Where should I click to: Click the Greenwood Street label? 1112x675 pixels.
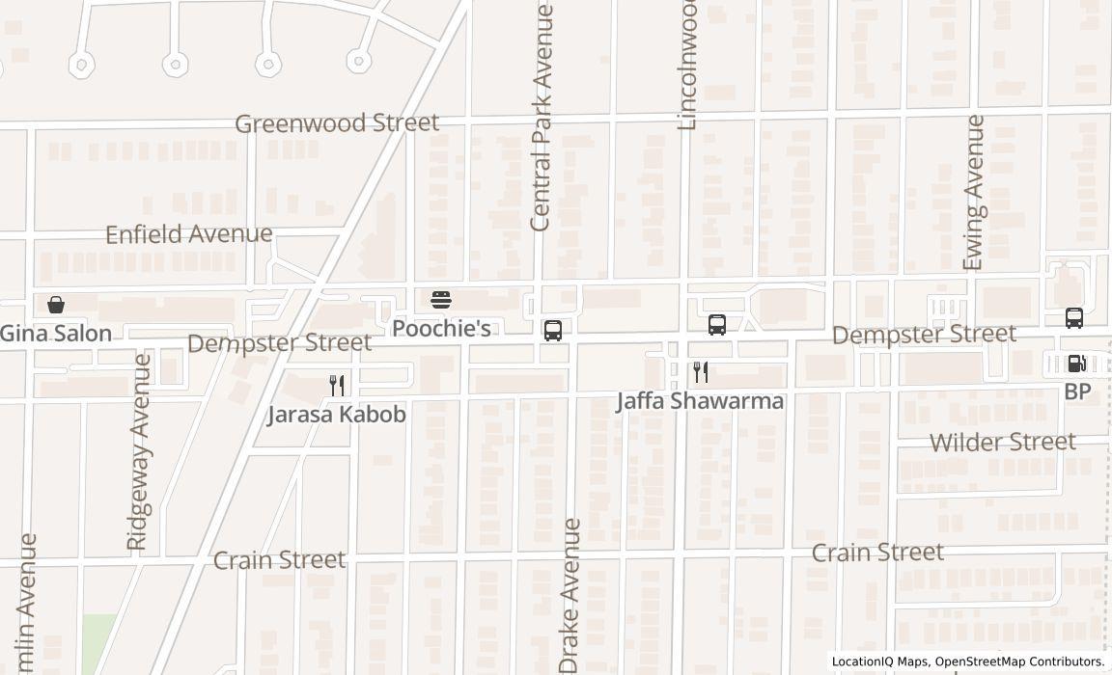337,123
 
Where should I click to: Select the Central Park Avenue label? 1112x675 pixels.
542,118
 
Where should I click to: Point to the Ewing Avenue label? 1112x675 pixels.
974,193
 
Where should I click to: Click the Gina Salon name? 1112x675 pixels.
56,334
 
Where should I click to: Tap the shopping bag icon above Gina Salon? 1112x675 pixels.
56,306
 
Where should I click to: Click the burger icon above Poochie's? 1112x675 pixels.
441,300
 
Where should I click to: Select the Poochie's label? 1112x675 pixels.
441,329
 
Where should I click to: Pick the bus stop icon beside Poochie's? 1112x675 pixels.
553,331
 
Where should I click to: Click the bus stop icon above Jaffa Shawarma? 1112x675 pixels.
717,325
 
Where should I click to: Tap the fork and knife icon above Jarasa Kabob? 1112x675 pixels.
337,386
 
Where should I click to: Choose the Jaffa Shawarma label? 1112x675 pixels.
700,401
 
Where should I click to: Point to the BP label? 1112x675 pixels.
1077,391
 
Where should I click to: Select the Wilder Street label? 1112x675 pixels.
1002,443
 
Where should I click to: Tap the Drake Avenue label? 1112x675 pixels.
570,596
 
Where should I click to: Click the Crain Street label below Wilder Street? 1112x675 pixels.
877,553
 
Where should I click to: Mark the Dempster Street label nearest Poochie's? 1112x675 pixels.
279,343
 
